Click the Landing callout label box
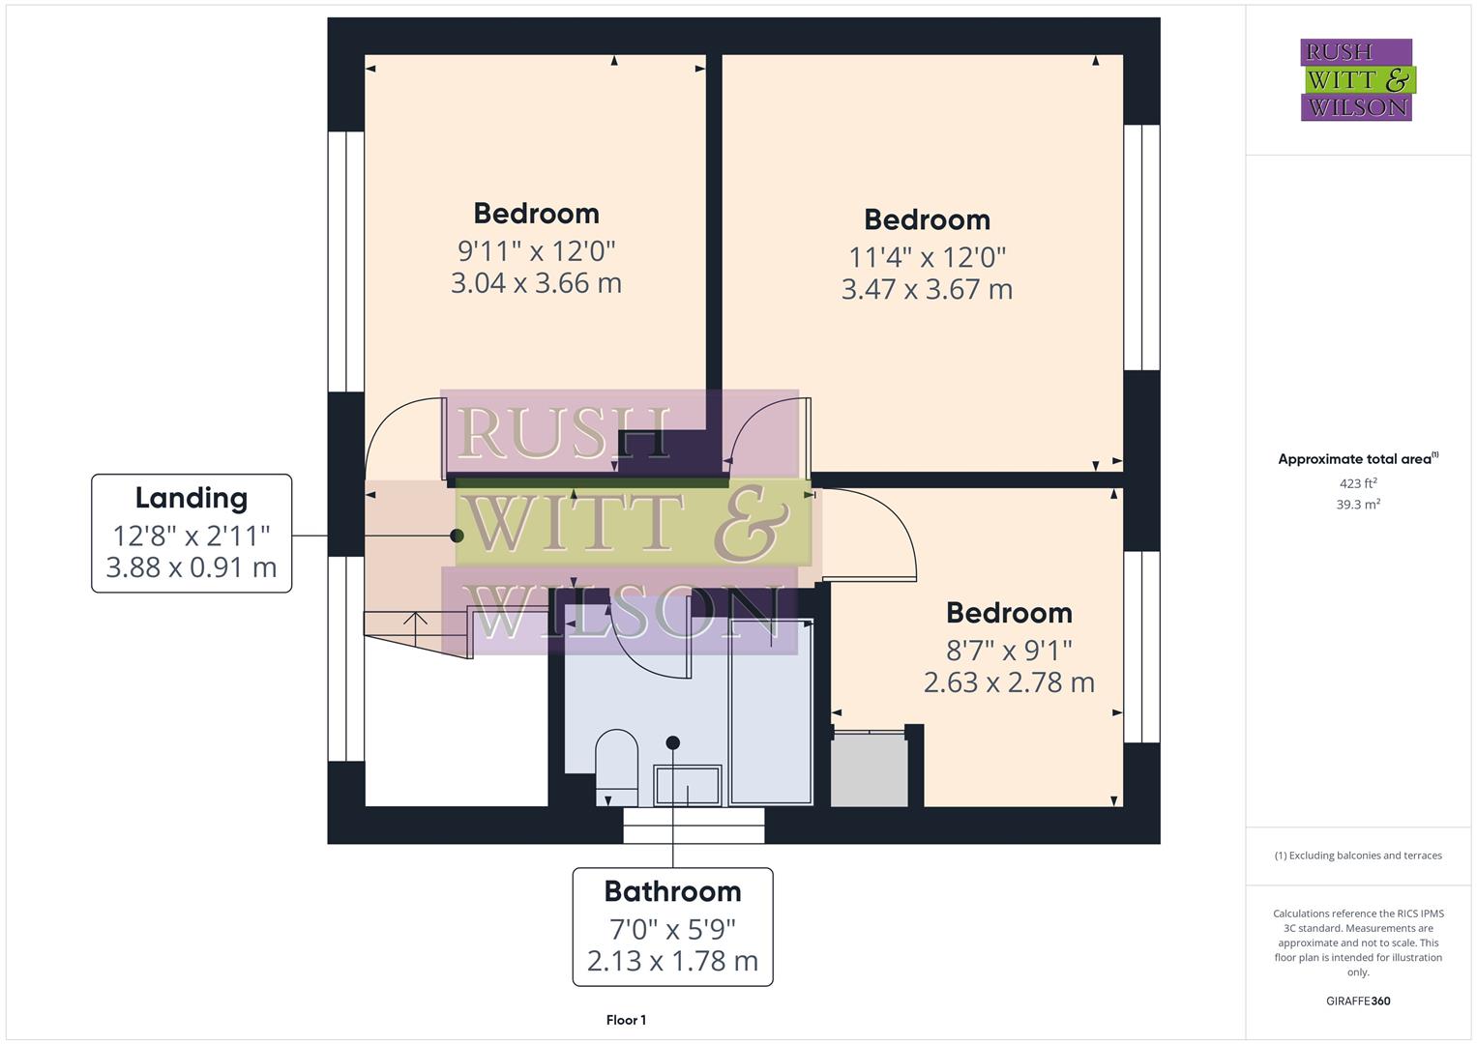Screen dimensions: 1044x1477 click(x=192, y=533)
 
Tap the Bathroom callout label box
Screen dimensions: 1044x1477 click(x=672, y=926)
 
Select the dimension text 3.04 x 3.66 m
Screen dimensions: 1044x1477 click(x=536, y=283)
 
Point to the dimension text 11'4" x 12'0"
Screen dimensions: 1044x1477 click(x=927, y=257)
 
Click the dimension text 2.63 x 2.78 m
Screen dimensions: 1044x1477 click(x=1009, y=682)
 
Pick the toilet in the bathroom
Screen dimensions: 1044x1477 click(x=616, y=768)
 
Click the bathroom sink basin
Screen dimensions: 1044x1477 click(x=688, y=785)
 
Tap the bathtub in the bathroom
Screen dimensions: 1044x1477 click(x=771, y=713)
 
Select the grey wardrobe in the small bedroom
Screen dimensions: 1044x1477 click(x=869, y=769)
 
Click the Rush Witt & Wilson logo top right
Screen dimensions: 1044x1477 click(x=1356, y=80)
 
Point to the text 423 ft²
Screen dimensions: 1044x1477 click(x=1357, y=483)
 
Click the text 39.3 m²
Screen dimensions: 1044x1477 click(x=1357, y=504)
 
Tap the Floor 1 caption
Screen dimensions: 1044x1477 click(x=626, y=1020)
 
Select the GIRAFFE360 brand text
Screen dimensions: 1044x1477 click(x=1357, y=1000)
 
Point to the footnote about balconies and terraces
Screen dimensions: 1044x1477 click(x=1357, y=855)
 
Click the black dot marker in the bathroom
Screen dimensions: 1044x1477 click(x=673, y=742)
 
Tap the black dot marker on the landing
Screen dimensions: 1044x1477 click(x=458, y=535)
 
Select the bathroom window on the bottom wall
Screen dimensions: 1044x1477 click(x=694, y=826)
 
